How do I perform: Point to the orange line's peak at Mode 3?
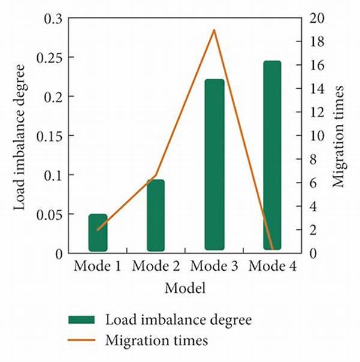214,29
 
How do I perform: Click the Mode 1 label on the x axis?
97,266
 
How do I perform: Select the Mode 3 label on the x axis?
214,266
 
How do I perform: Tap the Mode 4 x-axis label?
272,266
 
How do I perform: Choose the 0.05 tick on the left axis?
49,214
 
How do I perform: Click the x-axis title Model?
185,288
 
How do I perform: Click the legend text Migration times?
156,341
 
